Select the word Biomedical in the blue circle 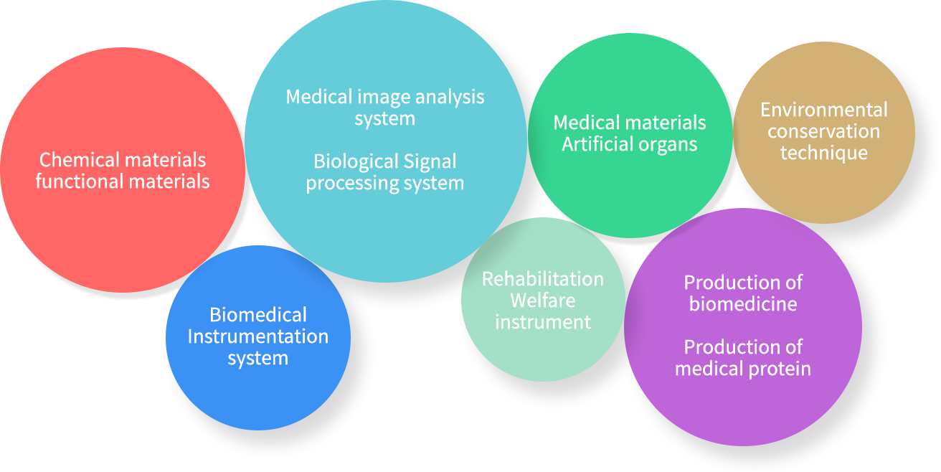tap(258, 315)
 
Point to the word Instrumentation tap(258, 336)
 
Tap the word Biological tap(356, 161)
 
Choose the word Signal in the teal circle tap(430, 161)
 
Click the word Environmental tap(824, 110)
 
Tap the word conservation tap(824, 131)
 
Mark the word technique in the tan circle tap(824, 153)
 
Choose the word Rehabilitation tap(543, 278)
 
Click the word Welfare tap(543, 300)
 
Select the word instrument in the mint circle tap(543, 322)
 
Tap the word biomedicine tap(743, 303)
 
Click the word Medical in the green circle tap(586, 123)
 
